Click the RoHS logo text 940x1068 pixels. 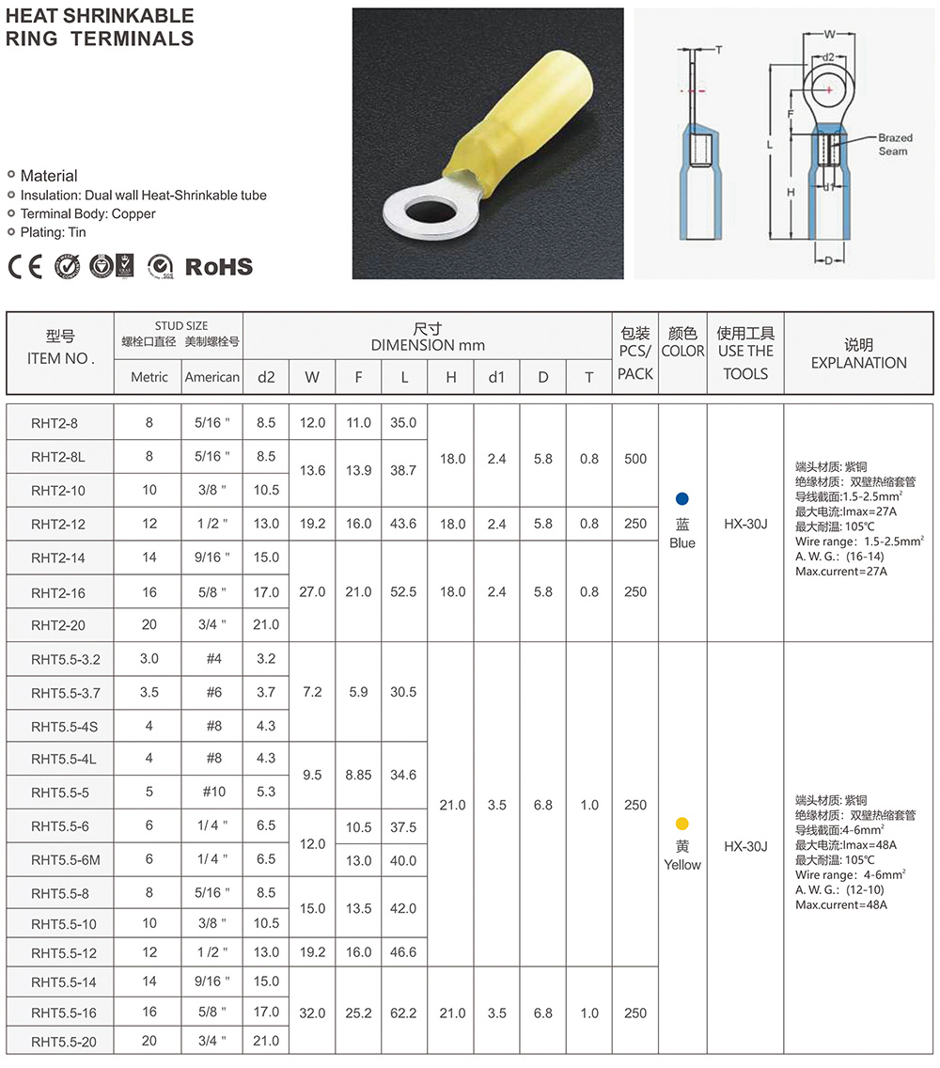coord(218,267)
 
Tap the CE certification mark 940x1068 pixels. coord(25,267)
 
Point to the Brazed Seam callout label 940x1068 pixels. coord(894,144)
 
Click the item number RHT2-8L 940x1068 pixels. coord(59,457)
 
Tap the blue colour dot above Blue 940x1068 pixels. coord(682,498)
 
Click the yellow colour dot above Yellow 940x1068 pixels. coord(682,824)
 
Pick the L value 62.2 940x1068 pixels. coord(404,1013)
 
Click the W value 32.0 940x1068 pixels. coord(312,1013)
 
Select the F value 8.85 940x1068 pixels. coord(358,776)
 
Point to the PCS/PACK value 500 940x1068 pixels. coord(635,459)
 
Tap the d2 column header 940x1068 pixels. coord(266,377)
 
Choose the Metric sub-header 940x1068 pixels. coord(149,377)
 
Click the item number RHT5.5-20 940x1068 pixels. coord(64,1042)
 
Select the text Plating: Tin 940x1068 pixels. coord(53,232)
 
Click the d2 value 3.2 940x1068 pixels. coord(266,659)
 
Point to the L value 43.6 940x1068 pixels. coord(404,524)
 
